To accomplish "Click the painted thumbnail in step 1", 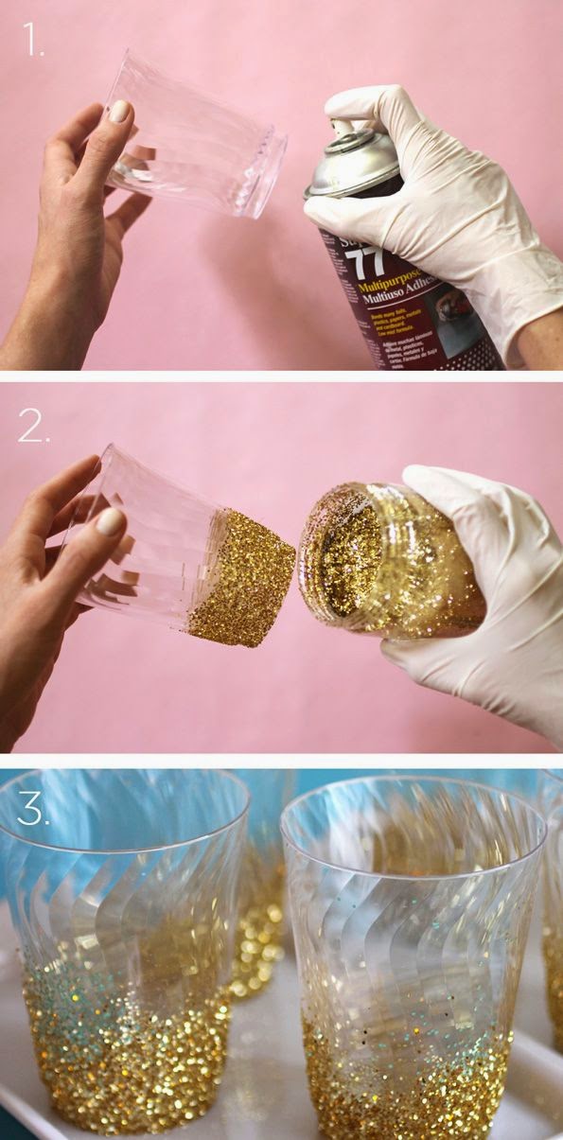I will [x=118, y=112].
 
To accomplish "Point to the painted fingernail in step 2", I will [x=111, y=521].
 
